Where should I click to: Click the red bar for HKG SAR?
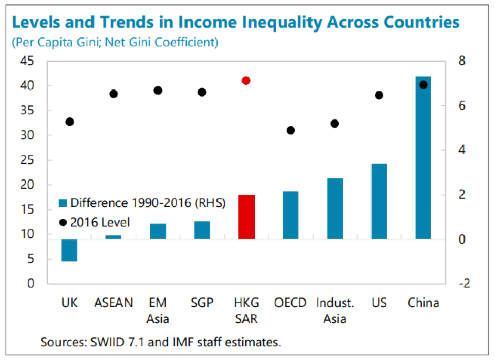246,217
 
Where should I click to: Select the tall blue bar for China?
423,158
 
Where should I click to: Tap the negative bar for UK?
69,250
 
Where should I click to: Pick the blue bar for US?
379,201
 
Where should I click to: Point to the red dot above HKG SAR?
246,81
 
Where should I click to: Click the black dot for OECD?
291,130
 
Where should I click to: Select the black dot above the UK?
70,122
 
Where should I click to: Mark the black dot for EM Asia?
158,91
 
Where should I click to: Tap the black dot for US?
379,95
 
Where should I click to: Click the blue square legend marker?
63,203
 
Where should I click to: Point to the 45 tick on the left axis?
26,62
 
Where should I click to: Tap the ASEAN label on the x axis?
113,303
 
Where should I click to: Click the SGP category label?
202,303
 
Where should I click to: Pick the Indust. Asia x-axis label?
334,311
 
